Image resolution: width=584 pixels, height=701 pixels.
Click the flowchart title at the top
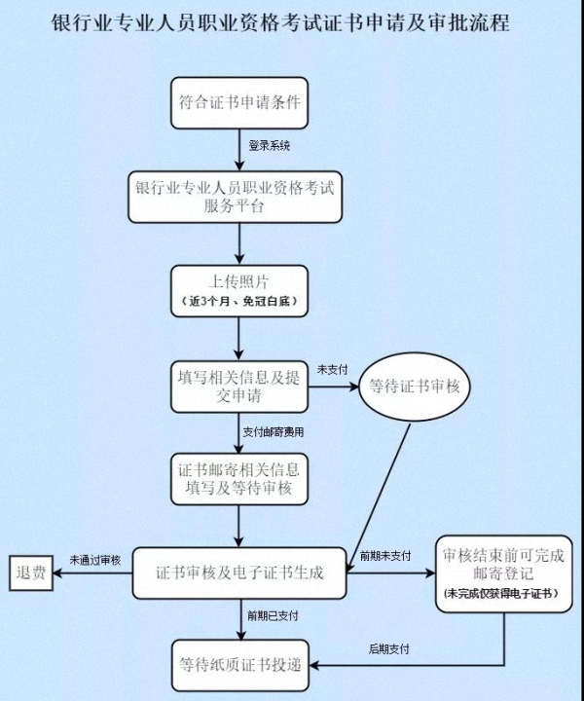tap(280, 23)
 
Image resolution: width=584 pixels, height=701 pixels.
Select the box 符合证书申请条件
tap(239, 103)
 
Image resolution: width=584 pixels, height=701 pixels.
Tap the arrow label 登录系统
tap(270, 146)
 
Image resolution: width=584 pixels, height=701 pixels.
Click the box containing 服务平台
tap(235, 197)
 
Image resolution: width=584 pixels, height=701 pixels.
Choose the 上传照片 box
tap(239, 291)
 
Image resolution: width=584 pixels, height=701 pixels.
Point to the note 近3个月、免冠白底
tap(239, 301)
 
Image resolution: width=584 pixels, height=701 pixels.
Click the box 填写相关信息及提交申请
tap(239, 387)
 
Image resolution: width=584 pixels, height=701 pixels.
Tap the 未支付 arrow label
tap(333, 370)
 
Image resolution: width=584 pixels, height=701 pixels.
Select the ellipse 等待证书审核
tap(415, 387)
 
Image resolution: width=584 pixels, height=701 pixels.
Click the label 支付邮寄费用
tap(273, 432)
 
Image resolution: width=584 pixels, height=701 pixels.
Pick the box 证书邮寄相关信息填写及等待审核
tap(239, 479)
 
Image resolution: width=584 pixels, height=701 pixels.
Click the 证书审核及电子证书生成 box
tap(239, 573)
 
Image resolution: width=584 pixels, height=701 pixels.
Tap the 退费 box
tap(31, 573)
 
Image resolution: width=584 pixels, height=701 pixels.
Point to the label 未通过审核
tap(95, 560)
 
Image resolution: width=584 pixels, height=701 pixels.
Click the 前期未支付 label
tap(385, 556)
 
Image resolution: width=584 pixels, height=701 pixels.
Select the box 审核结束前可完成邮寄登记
tap(504, 574)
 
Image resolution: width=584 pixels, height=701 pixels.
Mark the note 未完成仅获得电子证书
tap(501, 594)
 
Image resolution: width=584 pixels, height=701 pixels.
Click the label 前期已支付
tap(273, 616)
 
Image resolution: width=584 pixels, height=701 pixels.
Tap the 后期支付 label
tap(388, 649)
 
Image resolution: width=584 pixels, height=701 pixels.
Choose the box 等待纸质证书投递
tap(240, 665)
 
